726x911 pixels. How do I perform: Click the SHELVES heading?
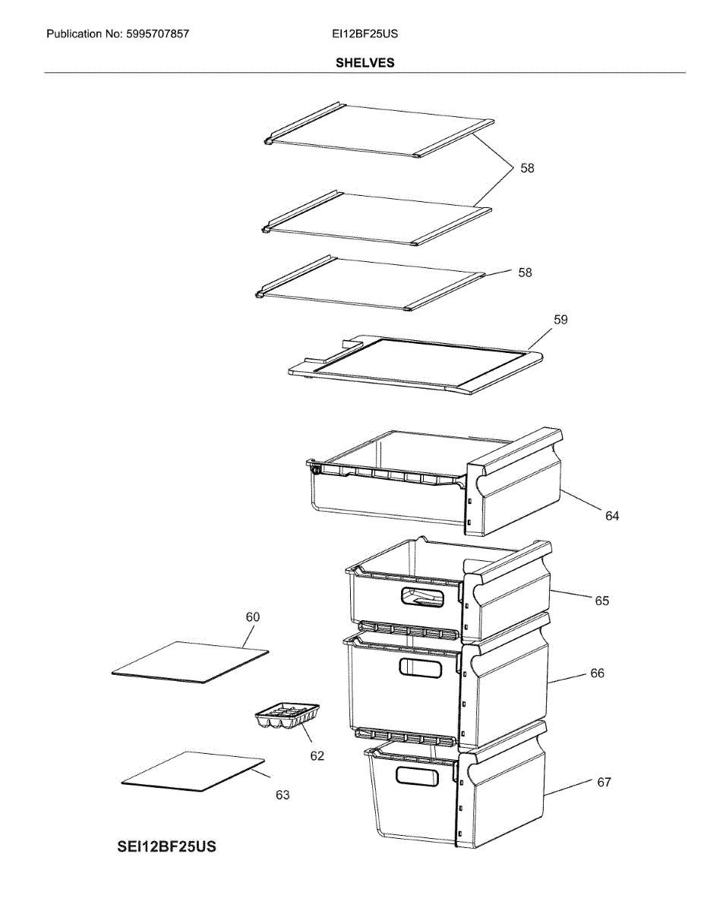[365, 63]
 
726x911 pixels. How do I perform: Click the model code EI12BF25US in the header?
[365, 34]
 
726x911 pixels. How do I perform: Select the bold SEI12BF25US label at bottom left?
[166, 846]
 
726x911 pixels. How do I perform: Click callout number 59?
[560, 320]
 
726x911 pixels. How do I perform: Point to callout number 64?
[612, 516]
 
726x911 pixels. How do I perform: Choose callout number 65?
[601, 601]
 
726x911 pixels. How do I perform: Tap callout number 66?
[598, 673]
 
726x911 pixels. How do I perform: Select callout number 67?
[604, 783]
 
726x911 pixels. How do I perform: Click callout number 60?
[252, 617]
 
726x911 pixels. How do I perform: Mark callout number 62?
[317, 756]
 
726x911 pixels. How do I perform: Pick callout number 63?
[283, 796]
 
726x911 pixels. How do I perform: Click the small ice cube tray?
[287, 716]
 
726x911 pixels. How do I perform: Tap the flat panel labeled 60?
[190, 662]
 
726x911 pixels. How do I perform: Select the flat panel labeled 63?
[194, 771]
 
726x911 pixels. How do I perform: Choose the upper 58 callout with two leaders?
[527, 169]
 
